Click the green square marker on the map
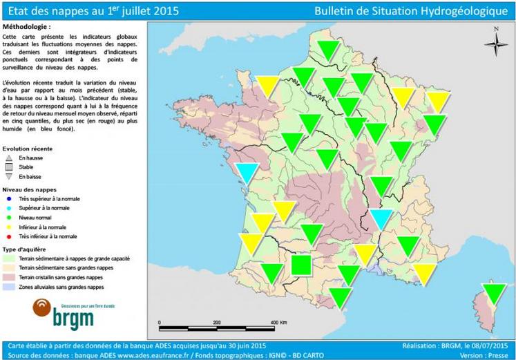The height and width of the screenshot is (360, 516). (300, 265)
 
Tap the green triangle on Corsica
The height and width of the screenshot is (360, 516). (493, 293)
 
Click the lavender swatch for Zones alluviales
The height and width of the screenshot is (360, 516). (9, 285)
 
